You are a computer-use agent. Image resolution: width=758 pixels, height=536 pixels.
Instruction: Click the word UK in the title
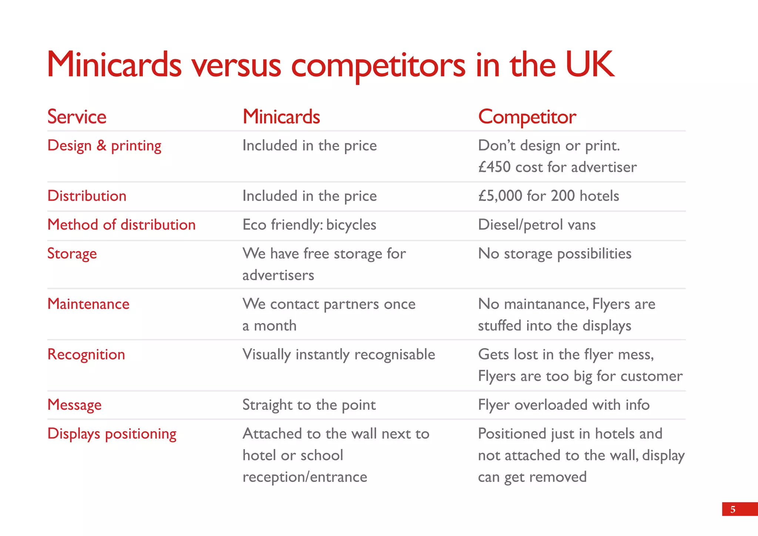[x=590, y=65]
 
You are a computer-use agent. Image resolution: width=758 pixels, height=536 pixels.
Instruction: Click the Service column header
[x=77, y=117]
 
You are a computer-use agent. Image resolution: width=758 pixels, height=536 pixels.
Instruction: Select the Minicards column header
[x=281, y=117]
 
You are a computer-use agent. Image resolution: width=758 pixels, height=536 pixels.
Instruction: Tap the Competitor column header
[x=527, y=117]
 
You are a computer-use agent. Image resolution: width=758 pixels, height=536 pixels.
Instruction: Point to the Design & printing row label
[x=104, y=146]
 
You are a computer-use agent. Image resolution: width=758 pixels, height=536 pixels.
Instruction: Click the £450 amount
[x=494, y=167]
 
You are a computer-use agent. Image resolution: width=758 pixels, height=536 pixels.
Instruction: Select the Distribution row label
[x=87, y=196]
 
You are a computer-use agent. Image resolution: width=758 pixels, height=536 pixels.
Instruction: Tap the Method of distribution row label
[x=121, y=225]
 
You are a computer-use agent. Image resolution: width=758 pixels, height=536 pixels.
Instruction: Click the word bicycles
[x=351, y=225]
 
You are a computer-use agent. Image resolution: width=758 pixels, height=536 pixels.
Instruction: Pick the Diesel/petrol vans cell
[x=537, y=225]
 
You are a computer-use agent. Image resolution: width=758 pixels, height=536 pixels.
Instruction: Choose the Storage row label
[x=72, y=254]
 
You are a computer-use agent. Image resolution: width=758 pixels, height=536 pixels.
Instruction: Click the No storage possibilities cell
[x=554, y=254]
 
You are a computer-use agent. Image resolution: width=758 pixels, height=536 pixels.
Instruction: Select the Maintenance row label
[x=88, y=304]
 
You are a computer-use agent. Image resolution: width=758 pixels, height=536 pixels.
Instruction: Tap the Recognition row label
[x=86, y=355]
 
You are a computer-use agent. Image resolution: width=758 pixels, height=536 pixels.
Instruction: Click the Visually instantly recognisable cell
[x=339, y=355]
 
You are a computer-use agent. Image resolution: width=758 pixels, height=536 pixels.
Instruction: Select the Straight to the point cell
[x=309, y=405]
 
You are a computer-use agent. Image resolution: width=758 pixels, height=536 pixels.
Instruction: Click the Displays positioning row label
[x=112, y=434]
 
